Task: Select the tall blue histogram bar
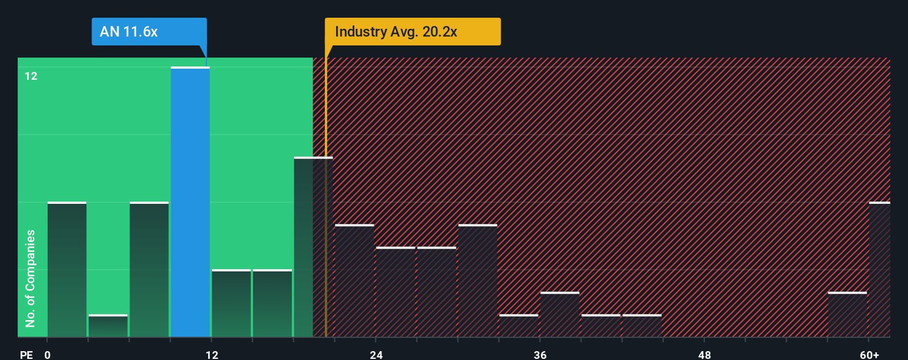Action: point(190,202)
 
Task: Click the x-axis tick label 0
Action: point(48,354)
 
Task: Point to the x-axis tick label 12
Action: point(212,354)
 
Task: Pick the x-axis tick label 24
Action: point(376,354)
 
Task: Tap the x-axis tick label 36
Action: point(540,354)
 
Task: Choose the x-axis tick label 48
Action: point(704,354)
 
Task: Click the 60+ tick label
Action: point(869,354)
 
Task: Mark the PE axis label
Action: point(26,354)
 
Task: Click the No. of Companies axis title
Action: point(30,278)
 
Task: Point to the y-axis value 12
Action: point(31,76)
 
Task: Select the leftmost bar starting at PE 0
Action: point(67,270)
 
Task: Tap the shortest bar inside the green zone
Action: point(108,326)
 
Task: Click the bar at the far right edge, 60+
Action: point(879,270)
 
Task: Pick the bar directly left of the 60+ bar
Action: point(847,315)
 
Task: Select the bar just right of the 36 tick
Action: point(560,315)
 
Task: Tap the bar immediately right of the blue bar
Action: point(231,304)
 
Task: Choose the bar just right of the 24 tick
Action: point(395,292)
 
